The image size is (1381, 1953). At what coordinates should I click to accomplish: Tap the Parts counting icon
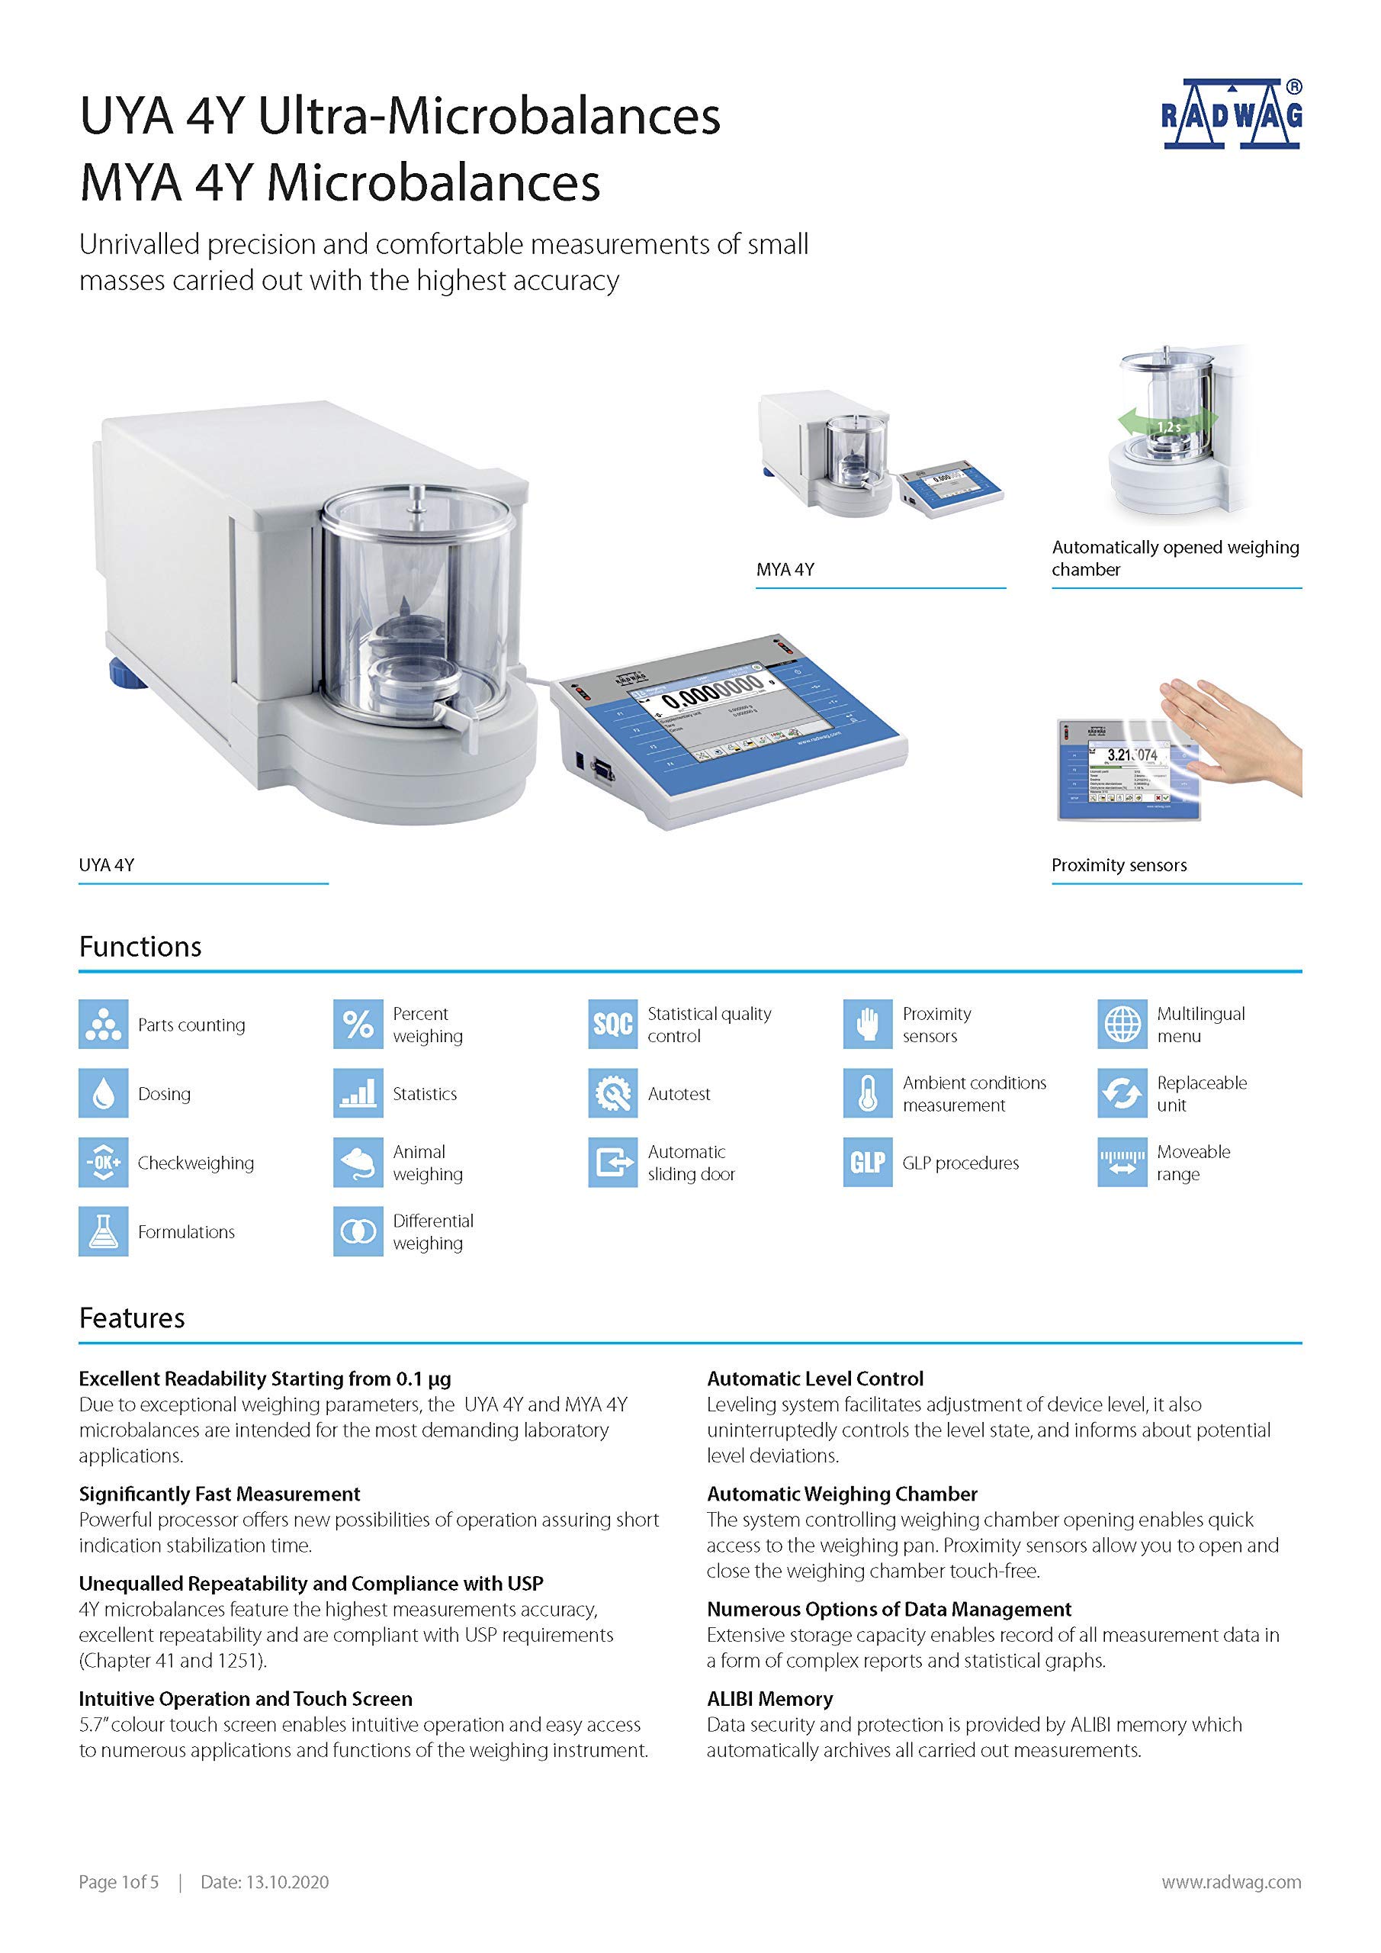104,1024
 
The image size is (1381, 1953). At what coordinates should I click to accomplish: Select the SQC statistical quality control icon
612,1024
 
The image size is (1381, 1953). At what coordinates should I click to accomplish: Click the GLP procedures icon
867,1162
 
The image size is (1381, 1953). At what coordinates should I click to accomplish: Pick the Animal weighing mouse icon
358,1162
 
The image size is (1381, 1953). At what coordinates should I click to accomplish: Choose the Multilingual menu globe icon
1122,1024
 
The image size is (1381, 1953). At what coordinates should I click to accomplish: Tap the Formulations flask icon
104,1231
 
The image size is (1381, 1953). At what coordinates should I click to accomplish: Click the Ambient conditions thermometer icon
867,1093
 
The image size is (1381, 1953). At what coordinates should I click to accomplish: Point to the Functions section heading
140,947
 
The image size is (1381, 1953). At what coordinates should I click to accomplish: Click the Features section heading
132,1318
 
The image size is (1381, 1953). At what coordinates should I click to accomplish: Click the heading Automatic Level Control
814,1379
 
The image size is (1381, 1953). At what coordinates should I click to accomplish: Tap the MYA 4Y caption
785,569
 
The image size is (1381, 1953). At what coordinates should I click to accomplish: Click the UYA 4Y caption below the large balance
106,865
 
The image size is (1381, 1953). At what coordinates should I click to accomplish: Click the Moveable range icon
1122,1162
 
